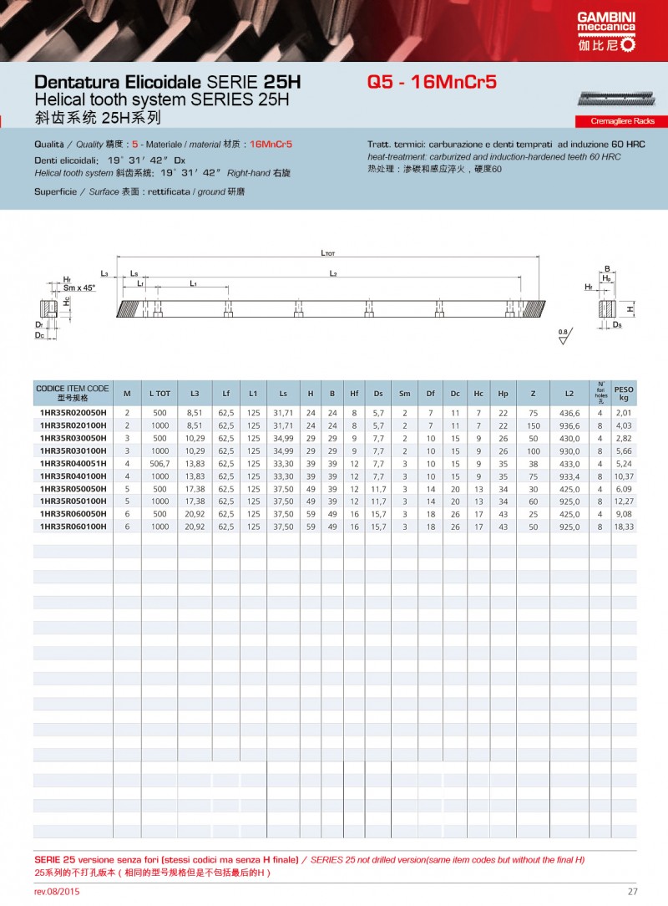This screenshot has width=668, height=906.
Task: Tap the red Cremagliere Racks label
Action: pos(621,121)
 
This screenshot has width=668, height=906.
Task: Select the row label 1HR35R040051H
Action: pos(73,463)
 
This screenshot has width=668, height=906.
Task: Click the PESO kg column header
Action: pos(623,393)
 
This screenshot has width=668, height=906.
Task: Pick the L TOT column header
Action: pos(159,393)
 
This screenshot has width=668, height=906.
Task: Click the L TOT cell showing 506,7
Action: pos(159,463)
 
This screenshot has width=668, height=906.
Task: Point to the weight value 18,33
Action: pos(623,527)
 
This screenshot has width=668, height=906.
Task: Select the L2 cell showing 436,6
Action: pos(569,413)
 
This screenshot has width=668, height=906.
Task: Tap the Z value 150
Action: pos(534,425)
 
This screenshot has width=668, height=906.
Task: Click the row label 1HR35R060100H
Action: pos(73,527)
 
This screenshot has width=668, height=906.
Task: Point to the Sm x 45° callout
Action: pos(79,287)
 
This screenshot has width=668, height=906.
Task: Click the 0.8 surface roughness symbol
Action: pos(562,333)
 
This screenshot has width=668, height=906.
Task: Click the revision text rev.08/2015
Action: pos(57,892)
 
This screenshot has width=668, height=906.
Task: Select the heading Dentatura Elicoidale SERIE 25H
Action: pos(167,84)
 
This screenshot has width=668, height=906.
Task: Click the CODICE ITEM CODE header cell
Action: pos(73,393)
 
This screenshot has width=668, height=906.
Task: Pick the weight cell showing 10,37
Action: pos(623,476)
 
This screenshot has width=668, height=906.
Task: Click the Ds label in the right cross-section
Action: pos(617,324)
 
